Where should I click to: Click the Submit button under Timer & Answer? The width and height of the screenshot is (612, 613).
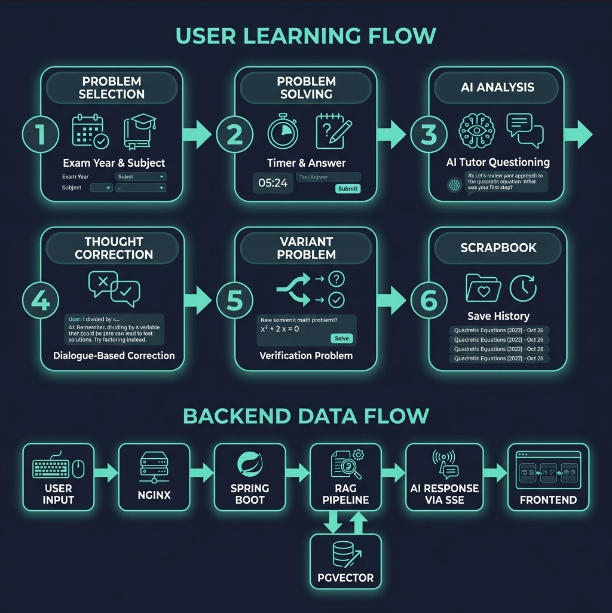tap(347, 188)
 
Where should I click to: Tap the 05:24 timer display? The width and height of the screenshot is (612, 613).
tap(273, 183)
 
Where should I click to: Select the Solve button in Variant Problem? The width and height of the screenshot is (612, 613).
tap(341, 338)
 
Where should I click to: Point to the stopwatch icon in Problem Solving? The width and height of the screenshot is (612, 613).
tap(283, 132)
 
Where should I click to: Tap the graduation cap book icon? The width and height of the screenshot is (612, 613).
tap(140, 132)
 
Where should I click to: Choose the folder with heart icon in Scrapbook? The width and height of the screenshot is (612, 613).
tap(482, 288)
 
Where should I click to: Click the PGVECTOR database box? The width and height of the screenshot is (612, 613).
tap(345, 561)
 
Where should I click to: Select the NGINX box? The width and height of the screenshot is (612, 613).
tap(154, 476)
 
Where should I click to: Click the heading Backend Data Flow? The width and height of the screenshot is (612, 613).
tap(306, 415)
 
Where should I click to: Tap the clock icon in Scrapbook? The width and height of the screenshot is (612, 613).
tap(522, 287)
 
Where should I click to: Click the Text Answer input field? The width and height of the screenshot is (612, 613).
tap(328, 177)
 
